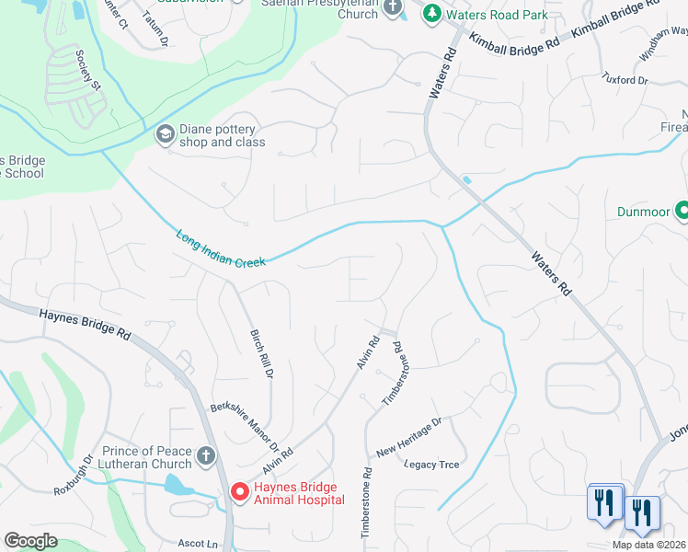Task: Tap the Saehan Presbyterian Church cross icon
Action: point(394,8)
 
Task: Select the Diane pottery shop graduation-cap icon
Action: point(166,135)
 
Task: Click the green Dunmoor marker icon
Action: point(682,212)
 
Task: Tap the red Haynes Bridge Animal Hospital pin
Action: point(239,493)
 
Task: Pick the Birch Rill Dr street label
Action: point(261,354)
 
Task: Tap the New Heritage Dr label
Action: point(409,437)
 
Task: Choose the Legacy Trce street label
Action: point(431,465)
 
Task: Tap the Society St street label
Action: point(88,70)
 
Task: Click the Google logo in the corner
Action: point(30,541)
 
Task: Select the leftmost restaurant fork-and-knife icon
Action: point(604,502)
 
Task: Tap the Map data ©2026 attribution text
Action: point(648,545)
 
